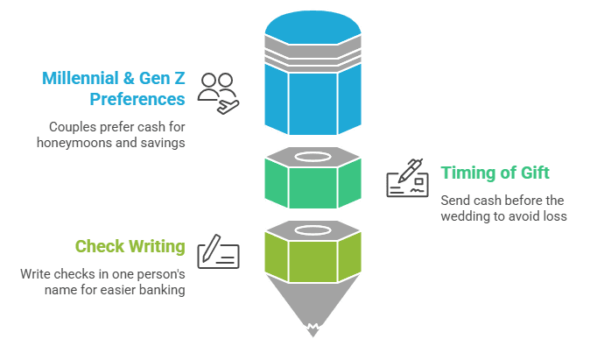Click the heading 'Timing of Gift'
(x=495, y=173)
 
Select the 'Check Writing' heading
(x=130, y=247)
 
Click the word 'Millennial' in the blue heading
(x=81, y=78)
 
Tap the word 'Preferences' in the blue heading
(x=137, y=100)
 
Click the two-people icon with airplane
(x=219, y=93)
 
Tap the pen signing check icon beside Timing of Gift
(x=407, y=178)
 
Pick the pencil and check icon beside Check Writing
(x=219, y=251)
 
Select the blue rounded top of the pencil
(x=313, y=27)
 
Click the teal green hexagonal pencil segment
(x=313, y=184)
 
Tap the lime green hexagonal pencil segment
(x=313, y=258)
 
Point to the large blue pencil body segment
(x=313, y=100)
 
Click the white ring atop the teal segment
(x=313, y=157)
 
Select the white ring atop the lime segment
(x=313, y=230)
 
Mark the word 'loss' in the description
(x=555, y=216)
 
